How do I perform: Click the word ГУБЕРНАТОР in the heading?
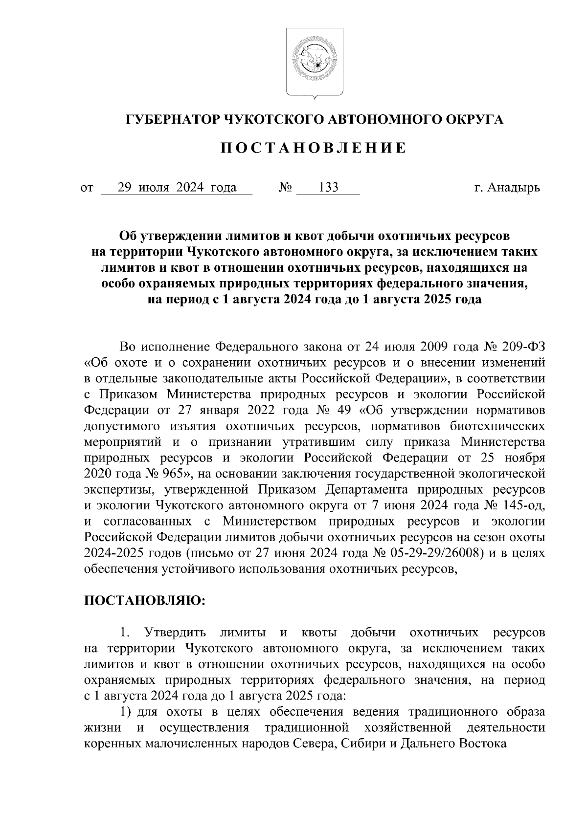[x=172, y=119]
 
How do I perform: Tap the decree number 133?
[x=328, y=188]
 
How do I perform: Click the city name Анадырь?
[x=516, y=188]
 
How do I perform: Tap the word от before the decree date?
[x=87, y=188]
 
